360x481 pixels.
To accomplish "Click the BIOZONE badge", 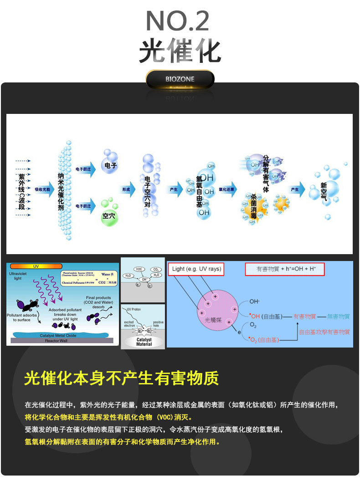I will coord(180,79).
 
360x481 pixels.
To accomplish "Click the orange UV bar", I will coord(36,266).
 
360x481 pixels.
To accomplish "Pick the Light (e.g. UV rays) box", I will coord(196,269).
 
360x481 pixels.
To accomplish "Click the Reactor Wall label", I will coord(57,340).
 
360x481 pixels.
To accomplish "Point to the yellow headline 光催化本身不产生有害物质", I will coord(121,378).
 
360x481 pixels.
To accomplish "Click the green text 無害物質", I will coord(338,316).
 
